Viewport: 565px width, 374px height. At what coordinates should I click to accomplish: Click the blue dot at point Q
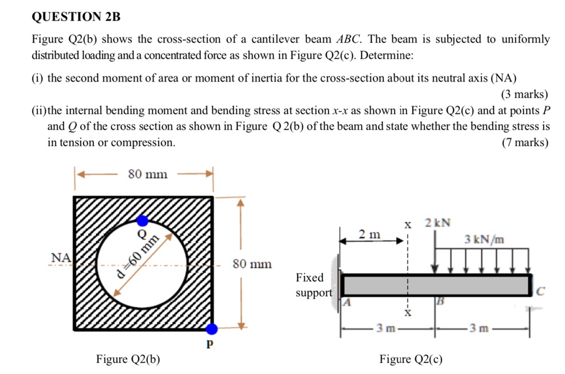coord(142,221)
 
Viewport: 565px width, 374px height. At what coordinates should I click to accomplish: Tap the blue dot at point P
coord(212,329)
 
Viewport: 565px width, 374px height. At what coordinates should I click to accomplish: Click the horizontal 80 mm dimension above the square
coord(147,174)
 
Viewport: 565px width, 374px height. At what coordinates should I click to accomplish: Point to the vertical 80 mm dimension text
coord(252,264)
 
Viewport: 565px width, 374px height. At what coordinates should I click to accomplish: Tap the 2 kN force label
coord(438,223)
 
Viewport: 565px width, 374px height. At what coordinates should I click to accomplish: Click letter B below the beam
coord(440,302)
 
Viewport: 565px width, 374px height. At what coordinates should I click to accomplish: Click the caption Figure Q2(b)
coord(128,359)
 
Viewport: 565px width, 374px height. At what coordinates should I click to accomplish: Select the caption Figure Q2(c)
coord(411,359)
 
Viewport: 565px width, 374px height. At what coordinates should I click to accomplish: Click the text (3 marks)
coord(524,94)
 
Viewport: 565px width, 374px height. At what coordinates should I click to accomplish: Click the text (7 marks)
coord(525,142)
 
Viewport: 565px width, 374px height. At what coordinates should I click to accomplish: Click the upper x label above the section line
coord(408,225)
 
